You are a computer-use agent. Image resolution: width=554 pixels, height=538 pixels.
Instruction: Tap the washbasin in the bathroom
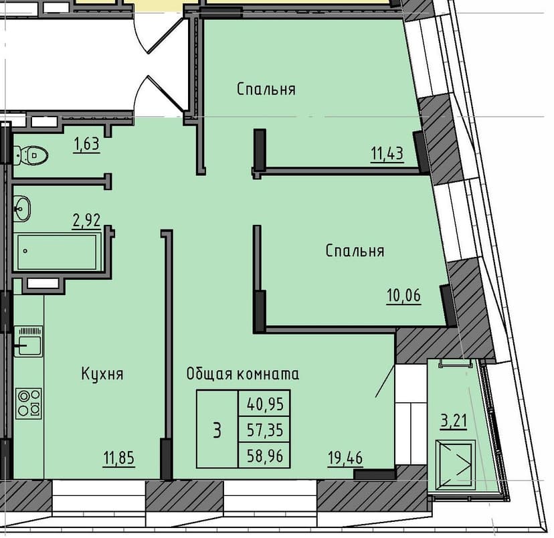coord(22,209)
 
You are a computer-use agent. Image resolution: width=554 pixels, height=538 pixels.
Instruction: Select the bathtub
coord(58,252)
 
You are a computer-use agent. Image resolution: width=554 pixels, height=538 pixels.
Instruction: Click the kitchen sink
coord(29,341)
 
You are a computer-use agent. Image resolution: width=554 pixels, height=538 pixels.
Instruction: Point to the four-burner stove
coord(29,403)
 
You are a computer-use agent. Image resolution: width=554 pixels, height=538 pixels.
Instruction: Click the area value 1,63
coord(86,145)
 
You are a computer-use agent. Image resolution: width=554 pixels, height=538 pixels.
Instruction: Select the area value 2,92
coord(86,220)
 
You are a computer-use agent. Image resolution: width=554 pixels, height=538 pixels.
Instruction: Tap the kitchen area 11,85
coord(118,458)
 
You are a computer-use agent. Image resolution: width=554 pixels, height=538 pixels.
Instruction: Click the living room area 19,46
coord(345,458)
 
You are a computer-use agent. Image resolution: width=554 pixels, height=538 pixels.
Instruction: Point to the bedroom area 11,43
coord(387,154)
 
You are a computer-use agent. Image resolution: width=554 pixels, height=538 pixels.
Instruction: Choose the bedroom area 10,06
coord(404,295)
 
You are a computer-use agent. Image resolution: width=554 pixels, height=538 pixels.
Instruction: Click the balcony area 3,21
coord(454,421)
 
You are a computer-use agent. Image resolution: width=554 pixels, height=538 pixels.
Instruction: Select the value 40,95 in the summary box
coord(265,403)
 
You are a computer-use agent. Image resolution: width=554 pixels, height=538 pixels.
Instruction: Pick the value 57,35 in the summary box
coord(265,430)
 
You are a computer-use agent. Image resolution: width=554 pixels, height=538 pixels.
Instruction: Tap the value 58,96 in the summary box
coord(265,456)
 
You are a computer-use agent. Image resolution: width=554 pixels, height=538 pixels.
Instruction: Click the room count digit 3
coord(217,430)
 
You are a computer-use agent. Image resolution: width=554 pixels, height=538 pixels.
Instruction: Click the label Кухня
coord(102,374)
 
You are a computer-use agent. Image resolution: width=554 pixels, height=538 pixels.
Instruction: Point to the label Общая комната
coord(243,374)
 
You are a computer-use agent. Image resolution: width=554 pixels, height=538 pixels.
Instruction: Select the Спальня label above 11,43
coord(266,90)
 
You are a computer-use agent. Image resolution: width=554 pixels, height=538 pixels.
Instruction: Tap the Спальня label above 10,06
coord(355,251)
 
